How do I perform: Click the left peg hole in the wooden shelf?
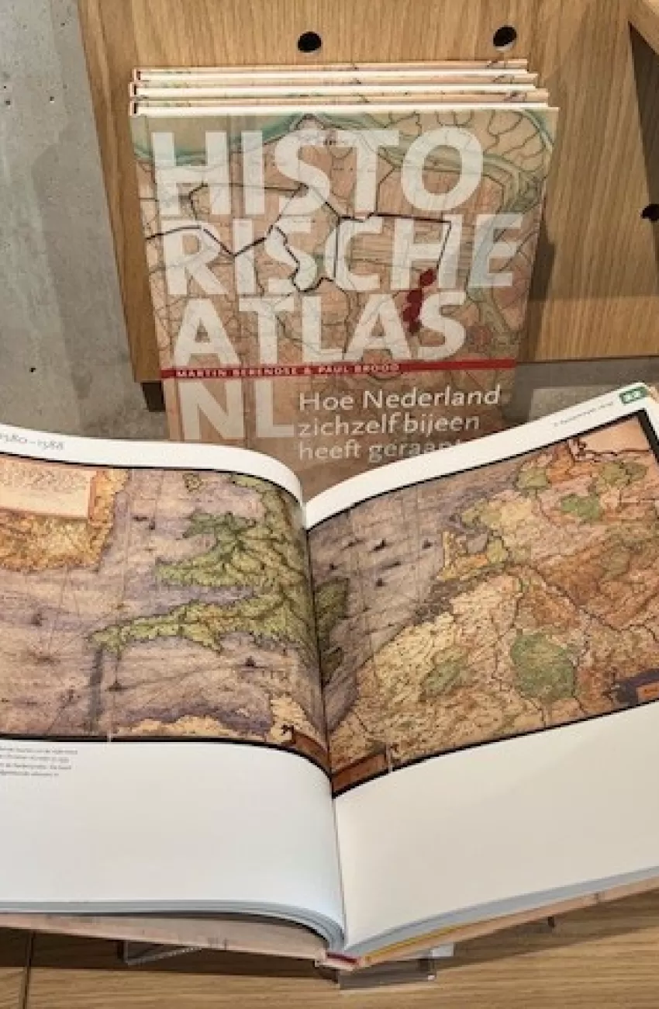click(309, 41)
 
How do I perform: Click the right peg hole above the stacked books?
click(505, 36)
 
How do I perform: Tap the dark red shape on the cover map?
click(419, 299)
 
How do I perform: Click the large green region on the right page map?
click(543, 660)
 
